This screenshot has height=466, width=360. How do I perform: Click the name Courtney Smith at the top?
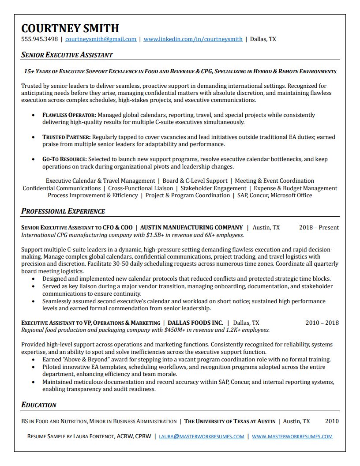pos(70,28)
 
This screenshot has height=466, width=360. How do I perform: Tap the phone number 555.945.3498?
pos(40,39)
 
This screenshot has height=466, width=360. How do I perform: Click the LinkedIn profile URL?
pos(193,39)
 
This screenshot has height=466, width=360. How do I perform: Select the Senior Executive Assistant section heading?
pos(67,55)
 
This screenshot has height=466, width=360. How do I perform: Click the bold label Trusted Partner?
pos(66,137)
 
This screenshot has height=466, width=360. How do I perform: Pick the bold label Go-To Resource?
pos(65,159)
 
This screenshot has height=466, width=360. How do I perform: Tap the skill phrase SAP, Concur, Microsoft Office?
pos(274,195)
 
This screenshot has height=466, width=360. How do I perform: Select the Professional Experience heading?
pos(63,211)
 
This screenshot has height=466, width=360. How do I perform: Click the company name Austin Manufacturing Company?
pos(191,228)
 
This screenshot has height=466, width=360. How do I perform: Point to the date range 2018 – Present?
pos(319,228)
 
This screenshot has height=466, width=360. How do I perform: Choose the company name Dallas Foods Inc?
pos(195,323)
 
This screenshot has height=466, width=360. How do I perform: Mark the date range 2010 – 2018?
pos(322,323)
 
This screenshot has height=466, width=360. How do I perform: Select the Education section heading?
pos(39,405)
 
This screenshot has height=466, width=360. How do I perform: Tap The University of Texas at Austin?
pos(229,421)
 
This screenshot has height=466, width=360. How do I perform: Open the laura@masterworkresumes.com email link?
pos(202,436)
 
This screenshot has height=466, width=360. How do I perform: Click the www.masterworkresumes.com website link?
pos(292,436)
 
